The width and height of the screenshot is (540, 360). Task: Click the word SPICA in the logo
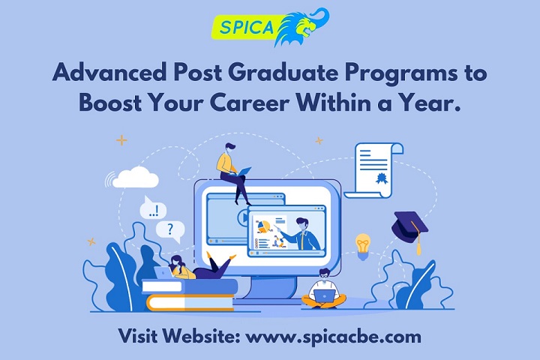(246, 27)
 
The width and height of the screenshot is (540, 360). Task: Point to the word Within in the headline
(331, 102)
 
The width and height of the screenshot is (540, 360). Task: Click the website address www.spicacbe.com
(333, 336)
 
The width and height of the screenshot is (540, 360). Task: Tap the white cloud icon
(135, 178)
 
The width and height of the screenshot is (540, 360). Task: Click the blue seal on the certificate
(381, 178)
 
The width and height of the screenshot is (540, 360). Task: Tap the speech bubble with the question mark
(170, 231)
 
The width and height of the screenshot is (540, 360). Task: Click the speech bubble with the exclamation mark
(153, 208)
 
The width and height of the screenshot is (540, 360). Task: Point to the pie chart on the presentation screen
(263, 226)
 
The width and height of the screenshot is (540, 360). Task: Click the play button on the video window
(242, 217)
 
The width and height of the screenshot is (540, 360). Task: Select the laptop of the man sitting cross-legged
(324, 295)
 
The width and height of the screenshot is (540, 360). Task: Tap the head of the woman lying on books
(177, 262)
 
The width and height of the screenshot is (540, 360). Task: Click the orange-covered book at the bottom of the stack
(190, 303)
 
